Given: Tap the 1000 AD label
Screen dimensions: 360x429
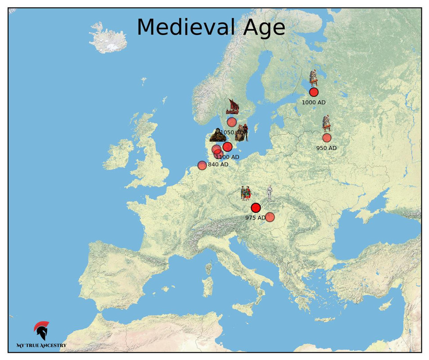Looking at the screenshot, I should [313, 103].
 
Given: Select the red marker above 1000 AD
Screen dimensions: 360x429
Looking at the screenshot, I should [314, 92].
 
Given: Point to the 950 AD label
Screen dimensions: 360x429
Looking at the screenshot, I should [326, 148].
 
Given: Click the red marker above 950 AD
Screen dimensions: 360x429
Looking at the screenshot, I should [327, 138].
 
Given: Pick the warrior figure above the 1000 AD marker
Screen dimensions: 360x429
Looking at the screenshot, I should [313, 78].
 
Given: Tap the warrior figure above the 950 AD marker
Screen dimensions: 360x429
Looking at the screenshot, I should [326, 123].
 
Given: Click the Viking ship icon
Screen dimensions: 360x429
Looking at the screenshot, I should [232, 107].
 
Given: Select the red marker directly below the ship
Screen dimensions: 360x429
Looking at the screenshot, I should [232, 122].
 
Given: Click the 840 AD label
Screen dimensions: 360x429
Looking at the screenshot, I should [218, 165].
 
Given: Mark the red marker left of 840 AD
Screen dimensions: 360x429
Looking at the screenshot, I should [202, 165].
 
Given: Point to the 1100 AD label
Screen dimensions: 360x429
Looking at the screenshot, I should [227, 157].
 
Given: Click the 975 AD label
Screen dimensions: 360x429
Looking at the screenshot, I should [255, 218].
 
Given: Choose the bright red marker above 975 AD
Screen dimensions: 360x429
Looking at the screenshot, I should [256, 207].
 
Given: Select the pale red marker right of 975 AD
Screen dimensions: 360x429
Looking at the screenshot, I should [270, 217].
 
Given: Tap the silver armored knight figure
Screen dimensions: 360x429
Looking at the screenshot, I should [270, 193].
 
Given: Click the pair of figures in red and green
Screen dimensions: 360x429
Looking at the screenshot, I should [246, 193].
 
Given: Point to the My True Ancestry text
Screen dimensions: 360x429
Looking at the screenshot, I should [41, 346].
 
